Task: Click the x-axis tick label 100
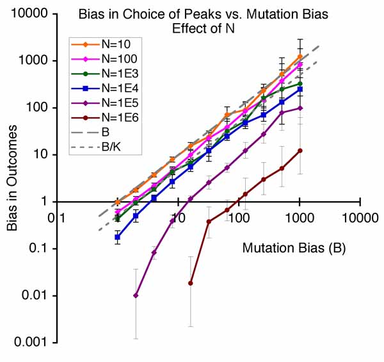click(239, 218)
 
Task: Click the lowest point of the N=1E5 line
click(135, 295)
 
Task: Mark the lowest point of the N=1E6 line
click(191, 283)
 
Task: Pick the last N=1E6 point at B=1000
click(300, 151)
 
